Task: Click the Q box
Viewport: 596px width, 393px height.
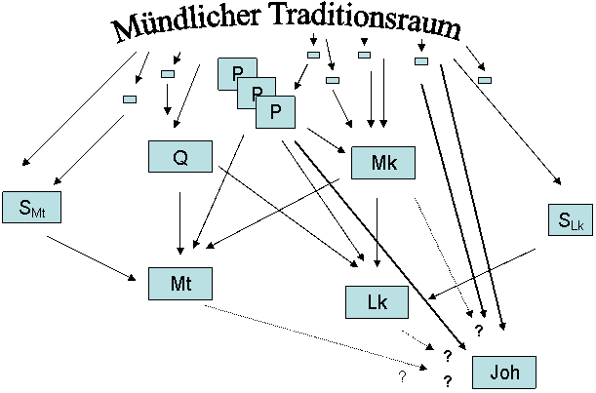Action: (180, 157)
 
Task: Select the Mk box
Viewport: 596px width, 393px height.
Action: (383, 163)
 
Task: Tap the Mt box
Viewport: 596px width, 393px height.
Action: (180, 284)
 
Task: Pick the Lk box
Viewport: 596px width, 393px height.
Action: (377, 302)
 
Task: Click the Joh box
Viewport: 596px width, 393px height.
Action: (504, 373)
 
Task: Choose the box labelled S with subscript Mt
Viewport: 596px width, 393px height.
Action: (31, 207)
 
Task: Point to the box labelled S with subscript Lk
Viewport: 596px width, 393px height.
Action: (571, 220)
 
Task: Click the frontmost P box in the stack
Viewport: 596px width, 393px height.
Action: (275, 112)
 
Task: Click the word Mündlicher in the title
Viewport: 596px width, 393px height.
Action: (186, 23)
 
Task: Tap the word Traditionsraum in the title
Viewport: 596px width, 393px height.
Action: (367, 20)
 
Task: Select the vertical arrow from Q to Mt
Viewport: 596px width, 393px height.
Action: (180, 223)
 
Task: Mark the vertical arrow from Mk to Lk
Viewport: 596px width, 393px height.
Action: (377, 232)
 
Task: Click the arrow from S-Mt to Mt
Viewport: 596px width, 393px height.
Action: (92, 258)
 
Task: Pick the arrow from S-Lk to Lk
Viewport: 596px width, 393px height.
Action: (482, 274)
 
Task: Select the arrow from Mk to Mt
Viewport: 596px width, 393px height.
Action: (272, 214)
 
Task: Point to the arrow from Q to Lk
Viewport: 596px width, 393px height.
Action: (288, 216)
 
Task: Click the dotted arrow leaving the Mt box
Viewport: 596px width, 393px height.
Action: (316, 337)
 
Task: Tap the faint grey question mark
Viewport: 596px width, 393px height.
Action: (402, 376)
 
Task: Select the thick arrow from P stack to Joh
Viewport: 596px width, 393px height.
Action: (380, 245)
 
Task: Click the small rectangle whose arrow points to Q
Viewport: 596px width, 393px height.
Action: (168, 74)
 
